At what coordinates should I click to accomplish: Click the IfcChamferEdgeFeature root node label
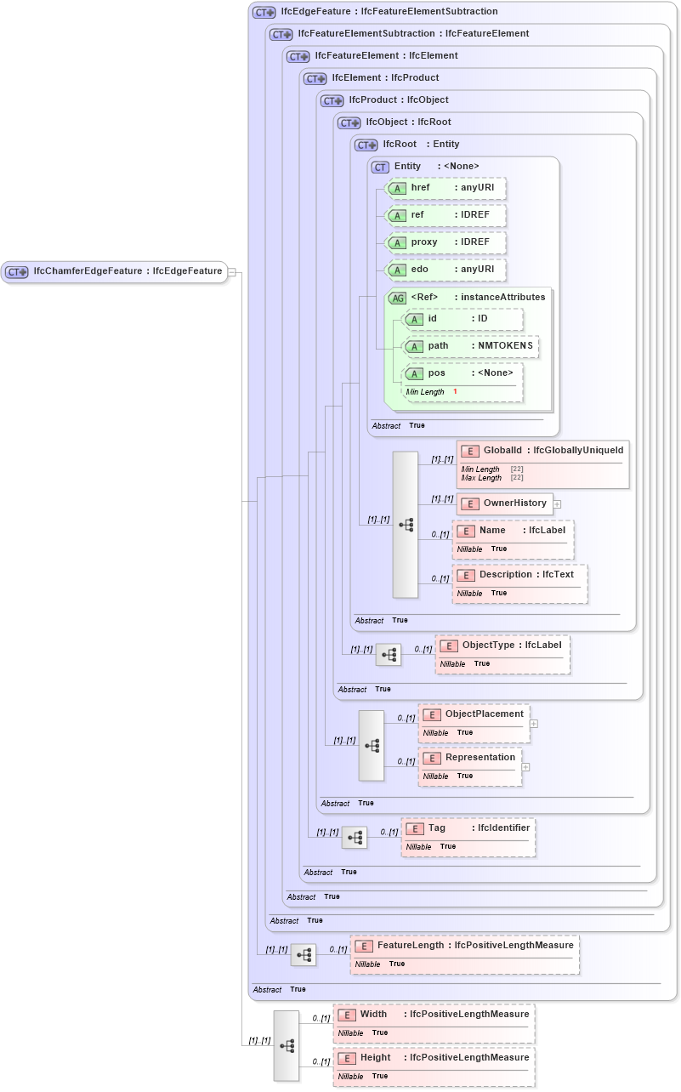(x=128, y=271)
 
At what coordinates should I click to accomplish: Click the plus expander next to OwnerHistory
(x=557, y=503)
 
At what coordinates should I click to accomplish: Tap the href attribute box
(x=446, y=188)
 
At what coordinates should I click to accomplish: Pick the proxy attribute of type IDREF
(x=446, y=242)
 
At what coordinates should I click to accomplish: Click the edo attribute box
(x=446, y=270)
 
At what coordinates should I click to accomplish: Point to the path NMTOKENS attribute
(x=471, y=346)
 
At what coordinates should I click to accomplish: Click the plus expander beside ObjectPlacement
(x=534, y=724)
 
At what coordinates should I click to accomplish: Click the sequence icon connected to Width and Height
(x=287, y=1045)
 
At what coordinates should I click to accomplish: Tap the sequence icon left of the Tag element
(x=355, y=838)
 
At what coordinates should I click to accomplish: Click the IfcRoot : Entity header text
(x=421, y=145)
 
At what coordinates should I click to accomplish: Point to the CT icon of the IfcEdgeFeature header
(x=264, y=12)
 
